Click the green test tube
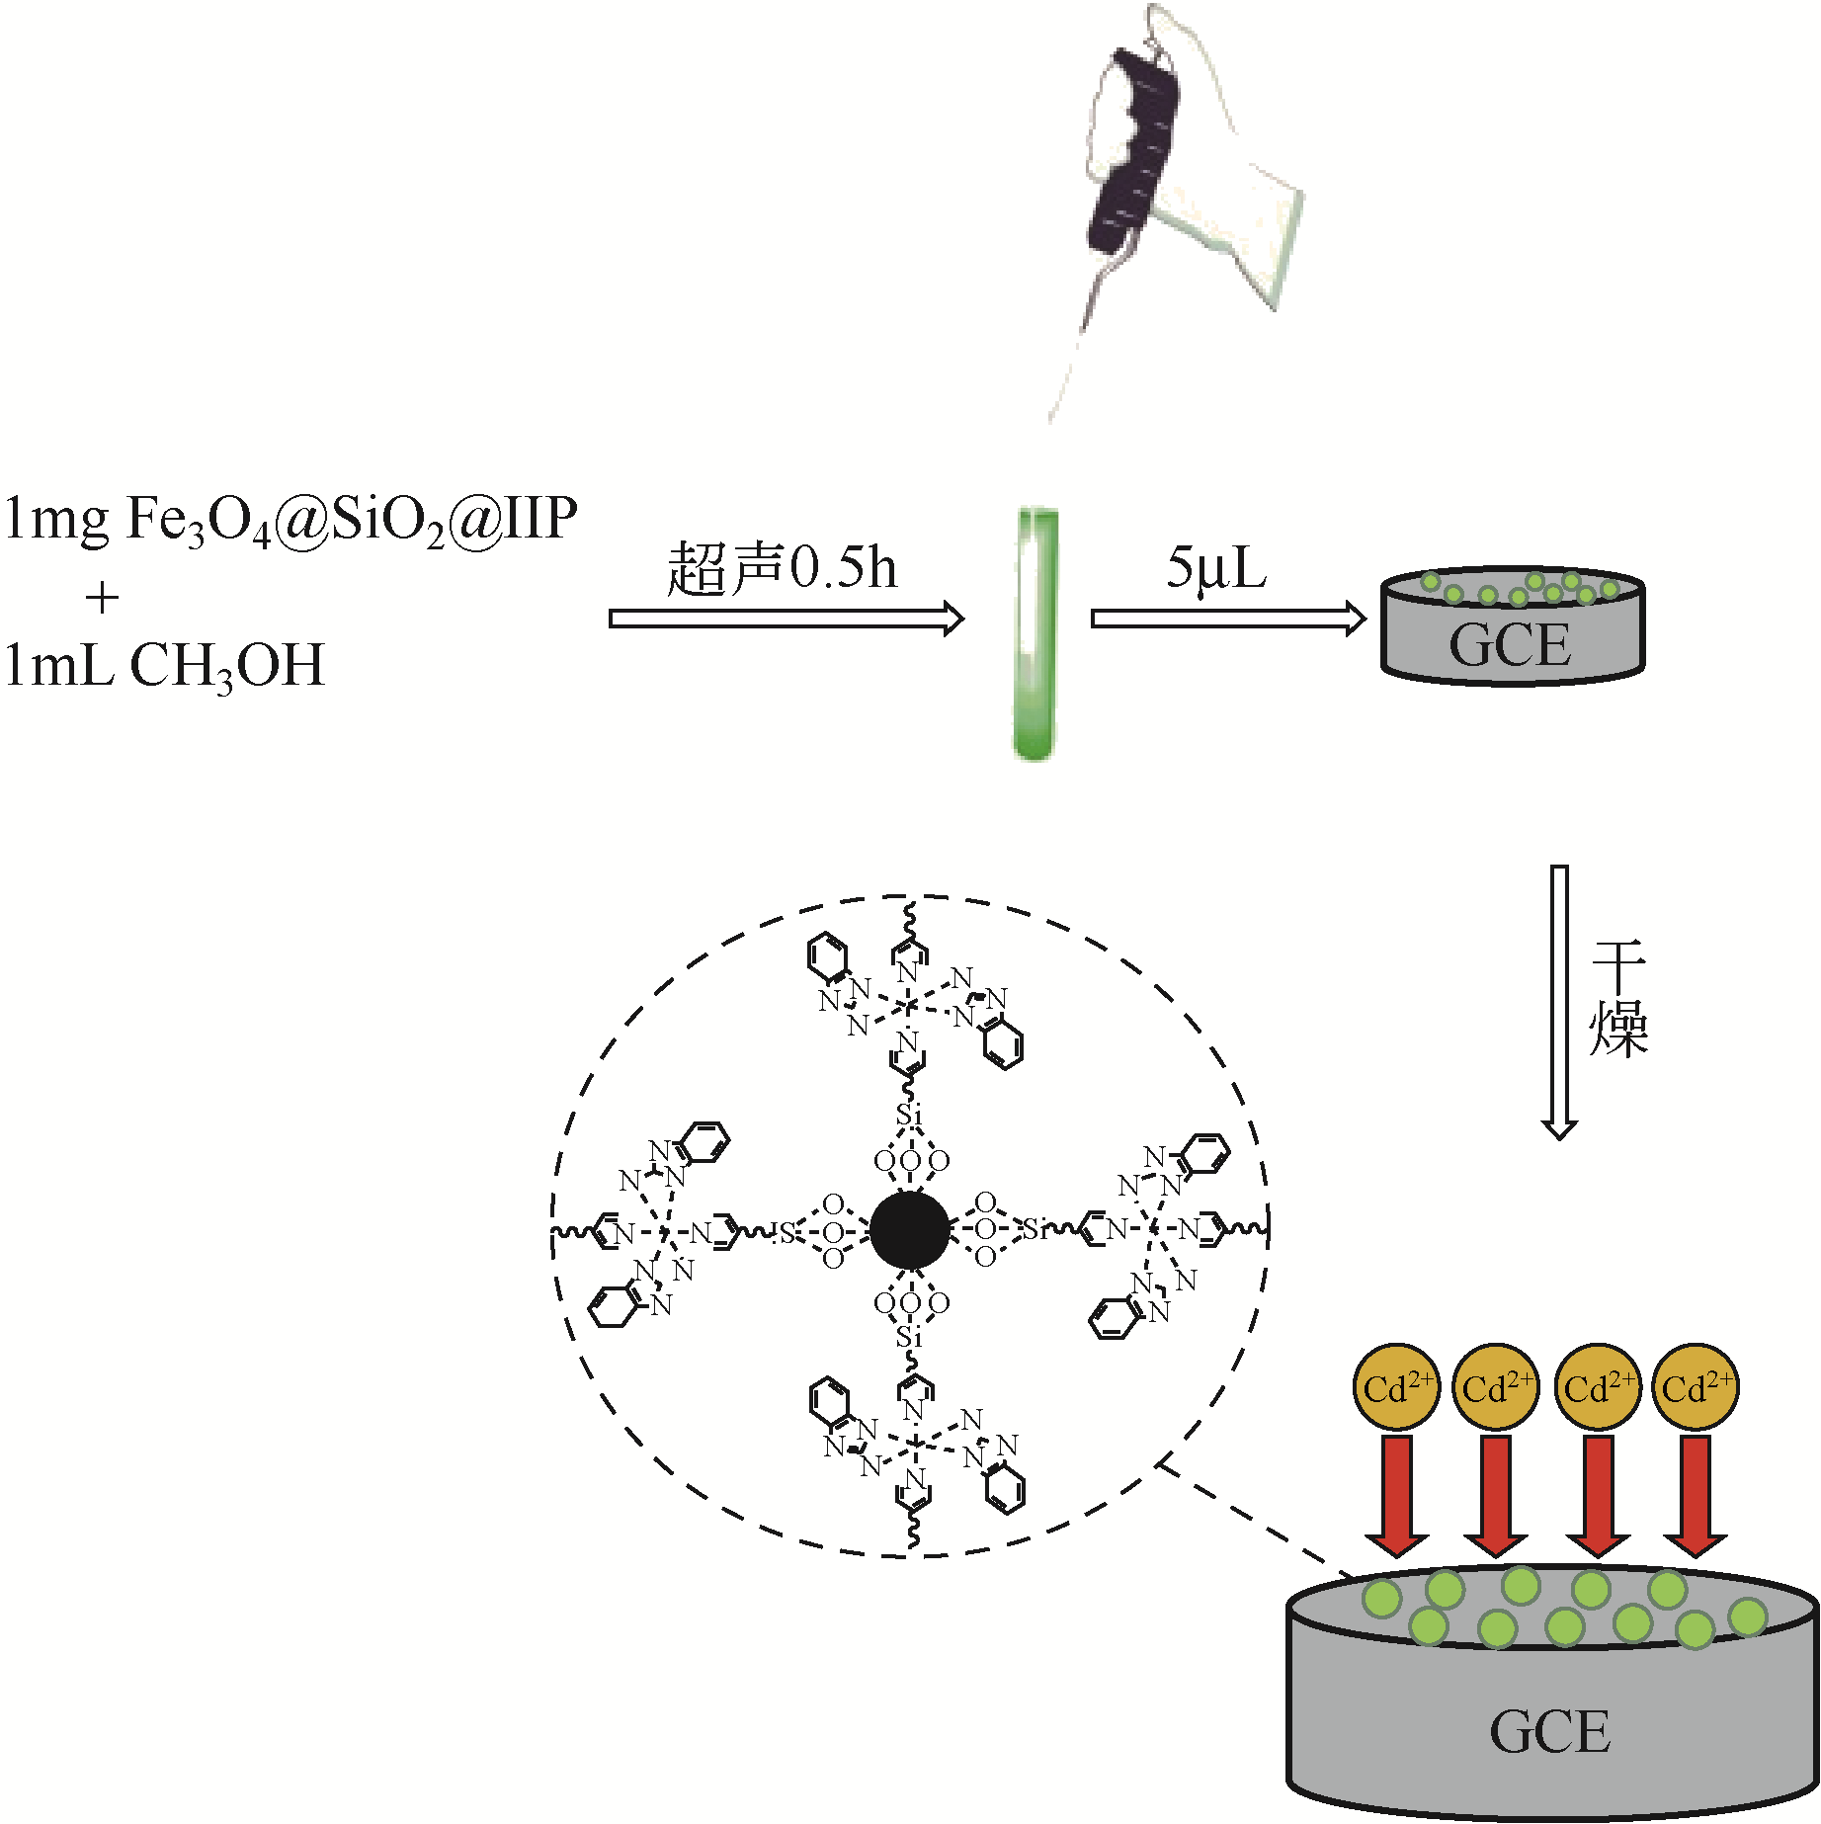1035,632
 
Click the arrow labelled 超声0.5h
786,619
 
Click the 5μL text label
1215,568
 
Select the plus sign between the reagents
102,597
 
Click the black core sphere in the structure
910,1230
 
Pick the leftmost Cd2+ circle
1396,1387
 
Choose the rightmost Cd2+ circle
1696,1387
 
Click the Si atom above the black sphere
909,1115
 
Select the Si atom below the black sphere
909,1337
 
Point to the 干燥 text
1617,1000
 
